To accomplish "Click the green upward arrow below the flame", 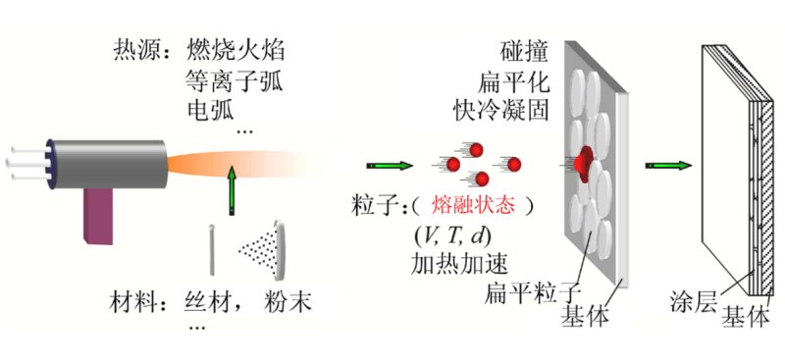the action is (233, 189).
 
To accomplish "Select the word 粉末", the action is (285, 303).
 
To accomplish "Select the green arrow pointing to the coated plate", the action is (664, 166).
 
